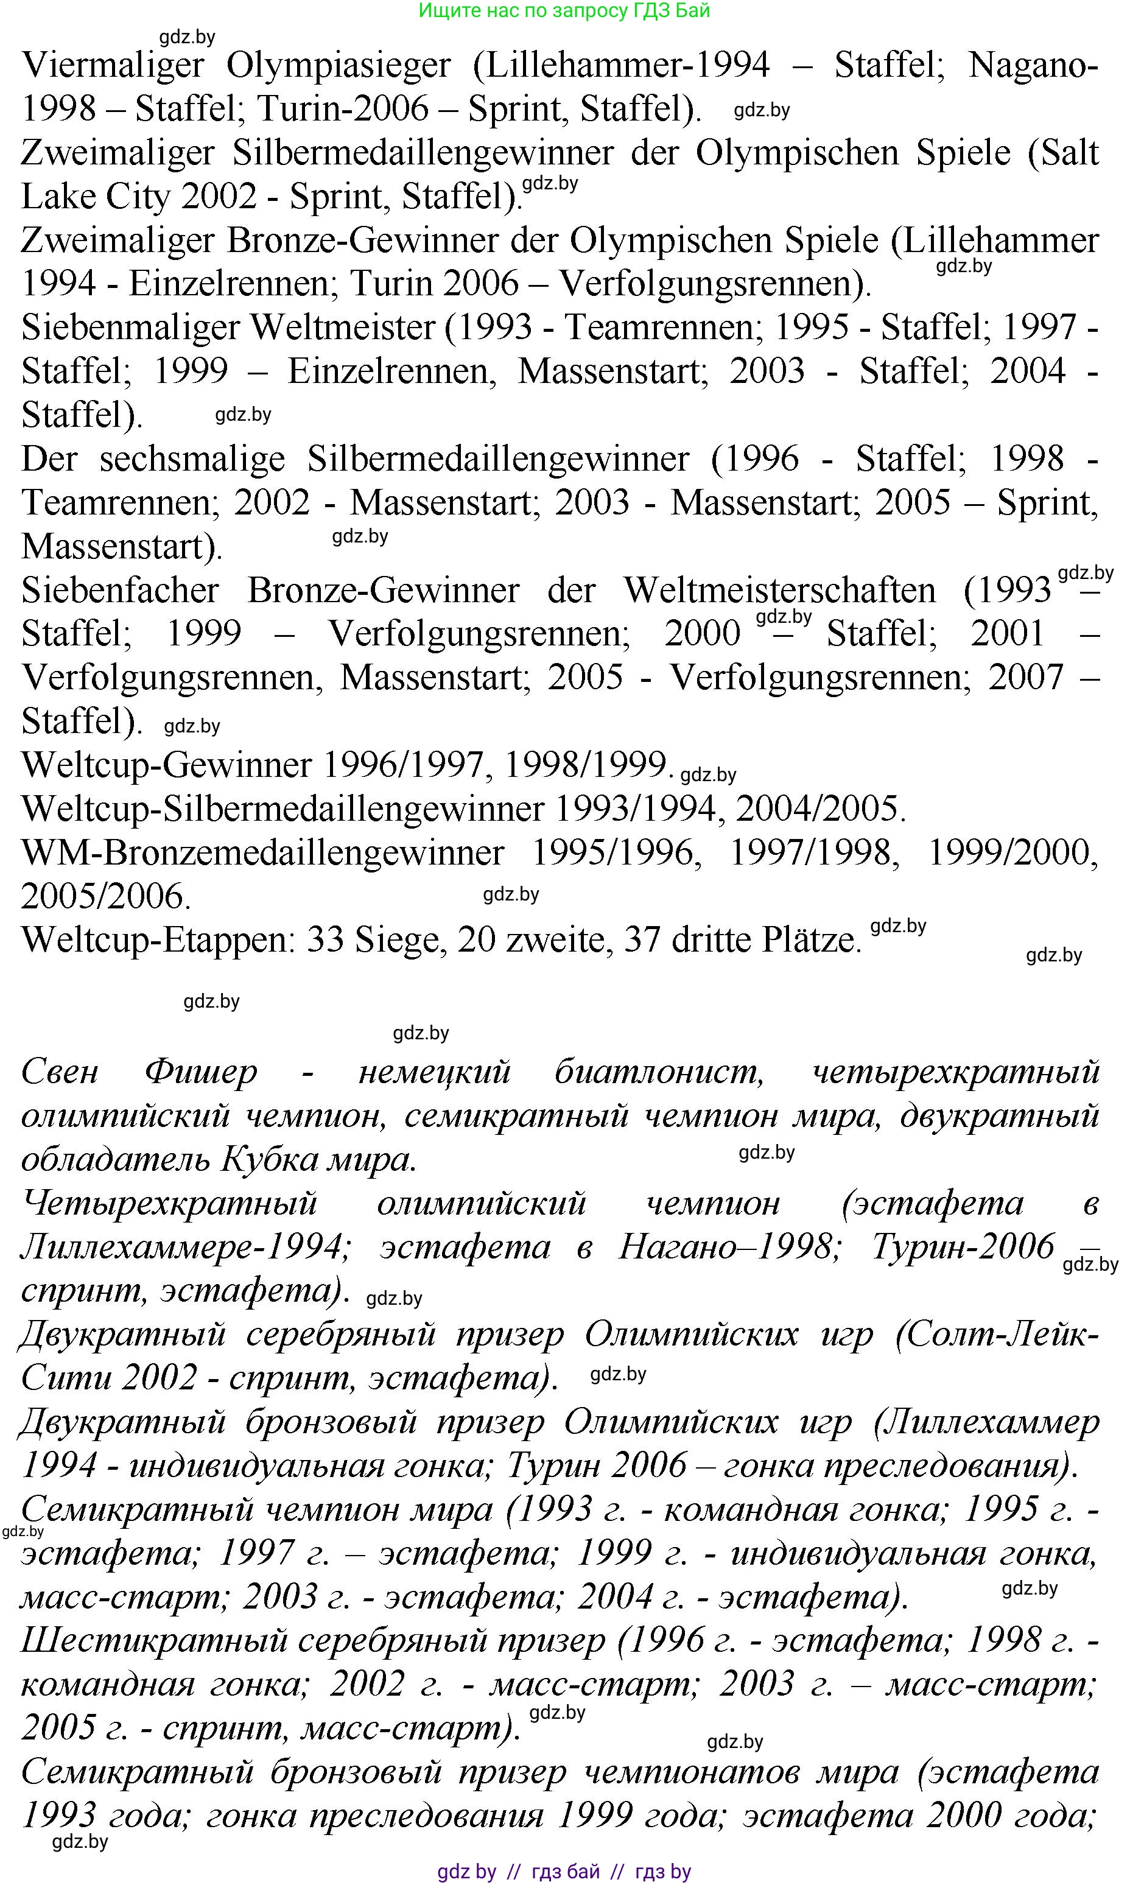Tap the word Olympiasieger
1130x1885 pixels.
tap(338, 66)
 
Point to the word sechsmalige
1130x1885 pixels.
tap(192, 459)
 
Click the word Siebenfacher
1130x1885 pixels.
tap(121, 591)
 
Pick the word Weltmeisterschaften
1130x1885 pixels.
tap(780, 591)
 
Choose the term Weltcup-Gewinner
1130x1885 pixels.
tap(167, 765)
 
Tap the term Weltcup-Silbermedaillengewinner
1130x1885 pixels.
tap(282, 809)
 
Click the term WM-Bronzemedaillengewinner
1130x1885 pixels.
tap(262, 852)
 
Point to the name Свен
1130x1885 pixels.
tap(60, 1072)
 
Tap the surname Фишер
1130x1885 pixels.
tap(201, 1072)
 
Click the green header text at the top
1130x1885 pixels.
tap(564, 11)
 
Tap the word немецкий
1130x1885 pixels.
tap(434, 1072)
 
